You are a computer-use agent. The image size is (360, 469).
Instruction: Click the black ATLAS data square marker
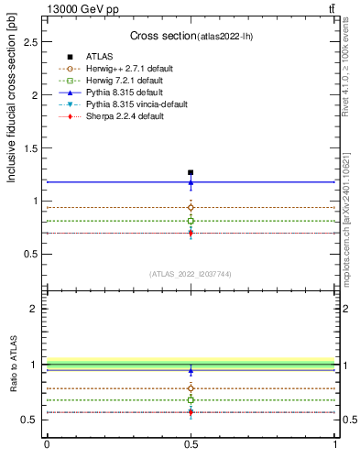[191, 172]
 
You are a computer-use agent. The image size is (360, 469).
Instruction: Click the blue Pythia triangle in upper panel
[191, 182]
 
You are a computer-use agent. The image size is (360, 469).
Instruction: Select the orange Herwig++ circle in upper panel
[191, 207]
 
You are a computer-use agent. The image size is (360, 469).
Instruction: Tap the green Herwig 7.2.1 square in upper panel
[191, 221]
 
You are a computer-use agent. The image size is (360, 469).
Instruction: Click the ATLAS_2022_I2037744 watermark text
[191, 274]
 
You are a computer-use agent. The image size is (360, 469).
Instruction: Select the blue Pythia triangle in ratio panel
[191, 371]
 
